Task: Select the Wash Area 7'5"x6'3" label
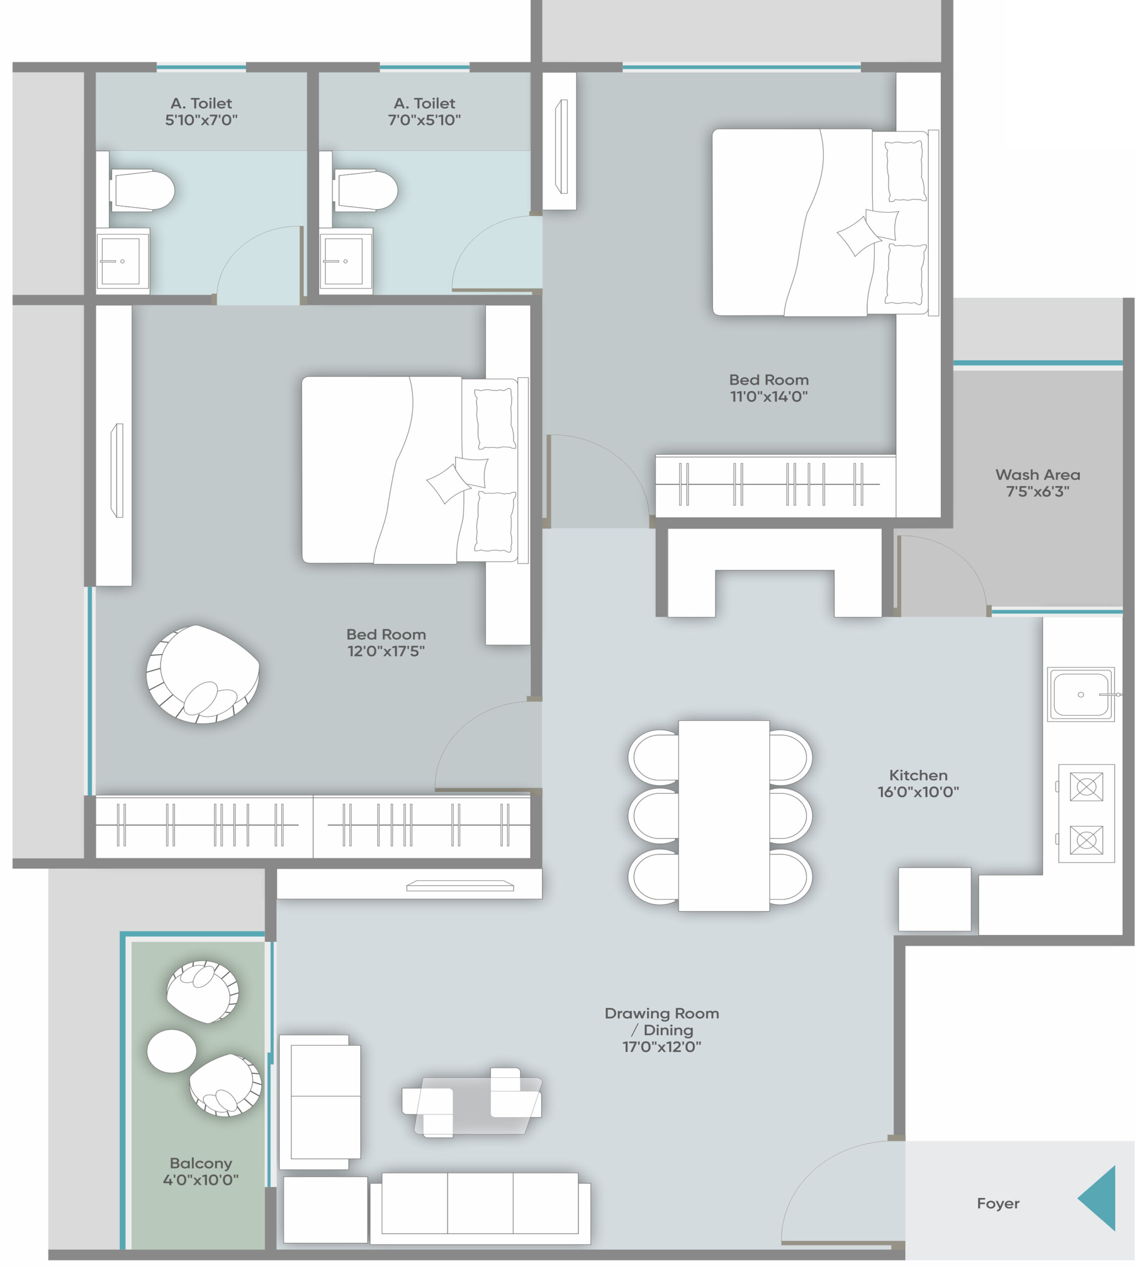[x=1037, y=483]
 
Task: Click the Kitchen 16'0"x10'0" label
[x=918, y=783]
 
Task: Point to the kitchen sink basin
[x=1081, y=694]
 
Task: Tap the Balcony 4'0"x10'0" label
[x=200, y=1171]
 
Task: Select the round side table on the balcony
[x=172, y=1051]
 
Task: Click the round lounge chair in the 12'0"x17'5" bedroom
[x=202, y=674]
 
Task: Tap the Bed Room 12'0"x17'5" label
[x=387, y=642]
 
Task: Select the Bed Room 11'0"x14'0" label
[x=769, y=388]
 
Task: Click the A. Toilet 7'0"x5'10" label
[x=424, y=111]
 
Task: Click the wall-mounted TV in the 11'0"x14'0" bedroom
[x=562, y=146]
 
